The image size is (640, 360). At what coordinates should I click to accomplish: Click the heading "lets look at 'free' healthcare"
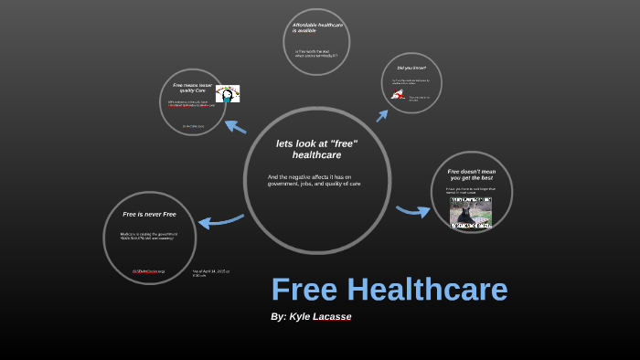click(316, 149)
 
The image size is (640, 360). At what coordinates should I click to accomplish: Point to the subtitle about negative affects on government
click(314, 180)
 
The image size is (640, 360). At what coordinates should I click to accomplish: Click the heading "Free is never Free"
click(149, 214)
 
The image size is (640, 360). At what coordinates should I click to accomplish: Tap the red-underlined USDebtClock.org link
click(148, 271)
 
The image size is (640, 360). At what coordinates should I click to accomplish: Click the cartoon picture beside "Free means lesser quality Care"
click(227, 93)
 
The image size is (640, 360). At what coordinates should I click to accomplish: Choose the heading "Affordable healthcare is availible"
click(316, 27)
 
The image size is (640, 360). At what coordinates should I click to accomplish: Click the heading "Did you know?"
click(411, 69)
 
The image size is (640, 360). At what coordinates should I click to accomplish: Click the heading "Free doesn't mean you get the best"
click(470, 174)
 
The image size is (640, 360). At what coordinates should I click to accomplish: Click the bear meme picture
click(470, 212)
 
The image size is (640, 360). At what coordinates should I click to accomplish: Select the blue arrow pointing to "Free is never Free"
click(220, 220)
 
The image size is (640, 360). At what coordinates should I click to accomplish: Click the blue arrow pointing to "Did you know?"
click(382, 113)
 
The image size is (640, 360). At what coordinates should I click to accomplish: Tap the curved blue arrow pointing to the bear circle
click(413, 211)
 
